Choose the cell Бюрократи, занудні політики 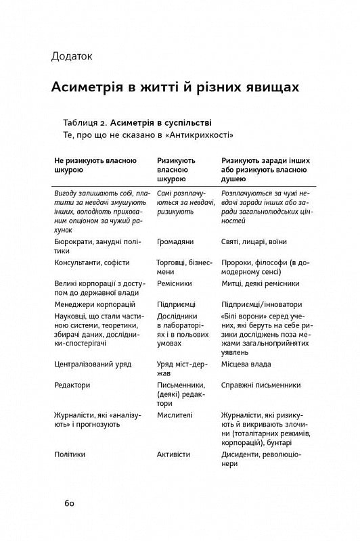(95, 245)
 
